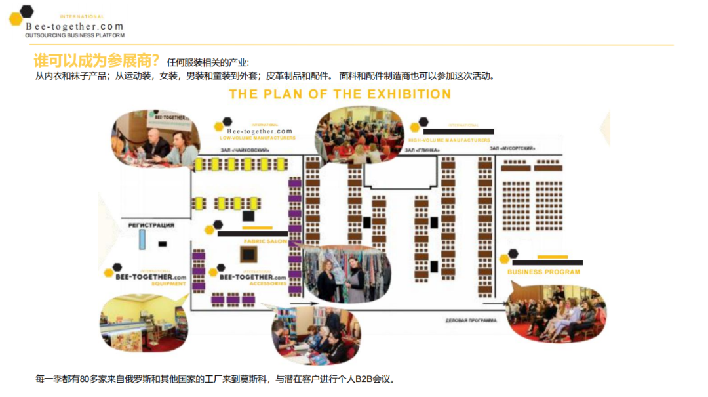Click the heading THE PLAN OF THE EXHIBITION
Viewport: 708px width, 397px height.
pyautogui.click(x=340, y=94)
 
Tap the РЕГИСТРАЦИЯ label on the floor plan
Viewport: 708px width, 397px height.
pyautogui.click(x=151, y=225)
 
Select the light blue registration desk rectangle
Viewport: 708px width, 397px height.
pyautogui.click(x=141, y=240)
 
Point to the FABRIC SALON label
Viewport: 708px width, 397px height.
pyautogui.click(x=265, y=241)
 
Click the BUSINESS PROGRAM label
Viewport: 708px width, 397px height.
pyautogui.click(x=543, y=272)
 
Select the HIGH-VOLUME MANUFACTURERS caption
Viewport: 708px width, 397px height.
pyautogui.click(x=449, y=140)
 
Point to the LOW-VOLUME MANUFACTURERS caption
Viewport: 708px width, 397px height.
pyautogui.click(x=258, y=138)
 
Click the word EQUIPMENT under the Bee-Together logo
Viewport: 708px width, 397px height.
pyautogui.click(x=168, y=284)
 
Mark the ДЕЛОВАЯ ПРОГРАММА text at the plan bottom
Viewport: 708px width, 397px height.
pyautogui.click(x=471, y=320)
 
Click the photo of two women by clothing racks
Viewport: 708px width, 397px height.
pyautogui.click(x=347, y=274)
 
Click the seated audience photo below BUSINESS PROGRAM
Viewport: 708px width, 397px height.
pyautogui.click(x=555, y=314)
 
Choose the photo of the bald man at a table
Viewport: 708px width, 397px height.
pyautogui.click(x=157, y=139)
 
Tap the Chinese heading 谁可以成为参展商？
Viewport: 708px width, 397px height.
pyautogui.click(x=97, y=62)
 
